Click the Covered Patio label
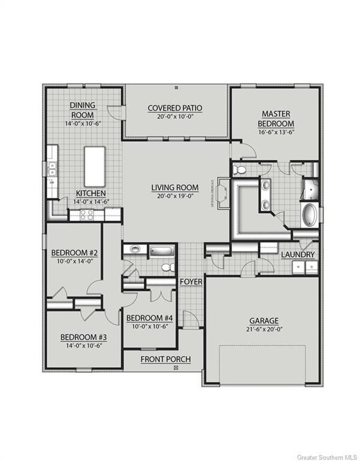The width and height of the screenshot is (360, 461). point(175,108)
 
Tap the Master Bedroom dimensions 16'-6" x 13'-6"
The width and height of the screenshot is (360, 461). point(277,133)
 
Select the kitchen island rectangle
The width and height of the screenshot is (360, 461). point(94,166)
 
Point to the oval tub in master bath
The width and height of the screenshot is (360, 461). point(310,215)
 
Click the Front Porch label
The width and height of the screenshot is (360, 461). point(166,359)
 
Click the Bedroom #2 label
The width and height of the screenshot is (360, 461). point(75,253)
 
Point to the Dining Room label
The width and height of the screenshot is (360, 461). point(82,109)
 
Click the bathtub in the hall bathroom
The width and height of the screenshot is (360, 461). point(161,250)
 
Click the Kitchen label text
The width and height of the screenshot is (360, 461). point(91,193)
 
